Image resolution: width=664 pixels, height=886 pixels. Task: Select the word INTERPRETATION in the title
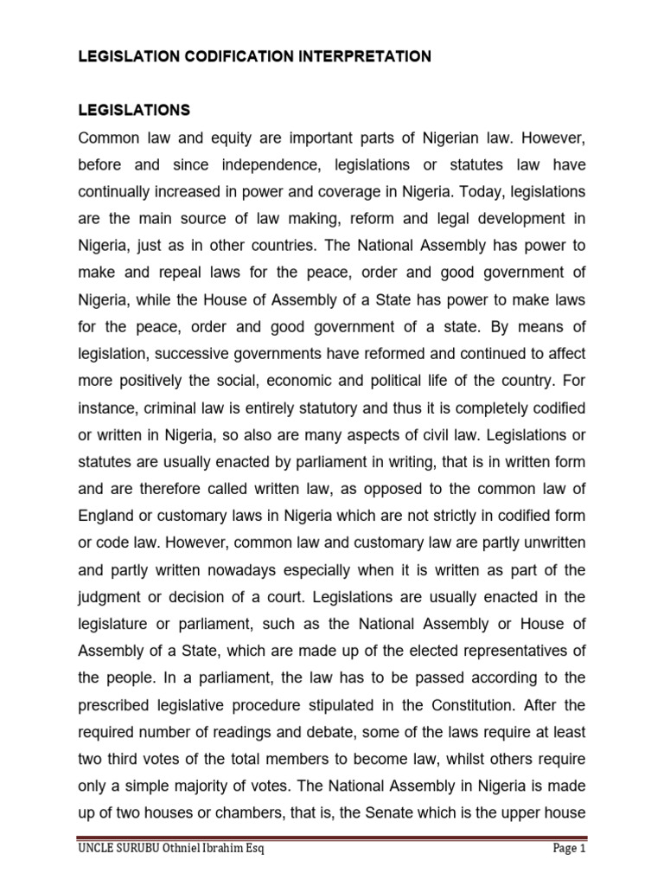[x=354, y=57]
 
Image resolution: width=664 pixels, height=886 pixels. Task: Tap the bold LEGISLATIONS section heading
[x=134, y=111]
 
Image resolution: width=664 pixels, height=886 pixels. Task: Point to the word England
[x=106, y=516]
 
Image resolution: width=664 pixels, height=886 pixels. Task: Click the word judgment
[x=111, y=596]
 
